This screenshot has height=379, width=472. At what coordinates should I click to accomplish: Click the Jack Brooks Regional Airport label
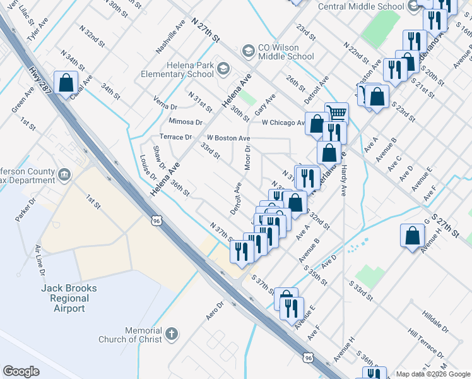pyautogui.click(x=69, y=298)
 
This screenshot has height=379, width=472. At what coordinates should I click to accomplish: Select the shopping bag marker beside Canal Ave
pyautogui.click(x=66, y=83)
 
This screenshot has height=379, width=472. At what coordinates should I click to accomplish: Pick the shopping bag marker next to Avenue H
pyautogui.click(x=412, y=236)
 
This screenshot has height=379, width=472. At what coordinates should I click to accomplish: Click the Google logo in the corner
pyautogui.click(x=21, y=371)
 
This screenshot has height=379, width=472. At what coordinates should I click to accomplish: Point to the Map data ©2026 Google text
pyautogui.click(x=433, y=374)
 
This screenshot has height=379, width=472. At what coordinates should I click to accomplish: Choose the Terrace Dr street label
pyautogui.click(x=175, y=136)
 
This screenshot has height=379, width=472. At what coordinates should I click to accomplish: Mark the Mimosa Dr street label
pyautogui.click(x=185, y=121)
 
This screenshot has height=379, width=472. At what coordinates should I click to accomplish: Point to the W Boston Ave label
pyautogui.click(x=228, y=138)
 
